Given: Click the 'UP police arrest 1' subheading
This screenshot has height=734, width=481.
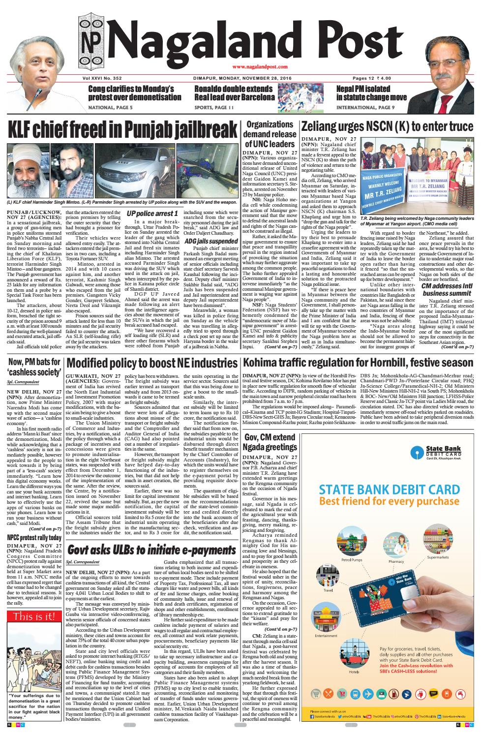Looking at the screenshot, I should pos(152,214).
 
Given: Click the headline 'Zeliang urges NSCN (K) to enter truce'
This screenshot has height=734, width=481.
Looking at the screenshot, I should pos(387,126).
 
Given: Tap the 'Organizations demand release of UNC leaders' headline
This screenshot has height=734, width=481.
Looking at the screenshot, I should pos(269,134).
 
